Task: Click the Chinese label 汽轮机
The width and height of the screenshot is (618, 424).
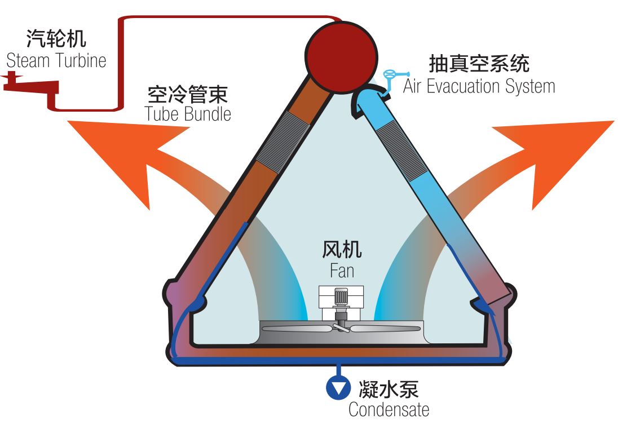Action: tap(56, 39)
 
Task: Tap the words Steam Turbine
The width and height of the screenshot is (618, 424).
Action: tap(56, 60)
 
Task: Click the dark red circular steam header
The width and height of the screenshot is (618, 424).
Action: tap(341, 55)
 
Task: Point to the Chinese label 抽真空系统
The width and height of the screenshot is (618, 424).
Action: tap(479, 63)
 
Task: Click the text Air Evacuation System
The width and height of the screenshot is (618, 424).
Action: tap(479, 86)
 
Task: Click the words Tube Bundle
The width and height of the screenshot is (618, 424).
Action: tap(188, 114)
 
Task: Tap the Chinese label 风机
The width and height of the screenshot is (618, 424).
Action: tap(342, 249)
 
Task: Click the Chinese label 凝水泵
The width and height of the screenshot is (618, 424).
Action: tap(389, 388)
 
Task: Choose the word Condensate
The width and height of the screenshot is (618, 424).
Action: tap(389, 409)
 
